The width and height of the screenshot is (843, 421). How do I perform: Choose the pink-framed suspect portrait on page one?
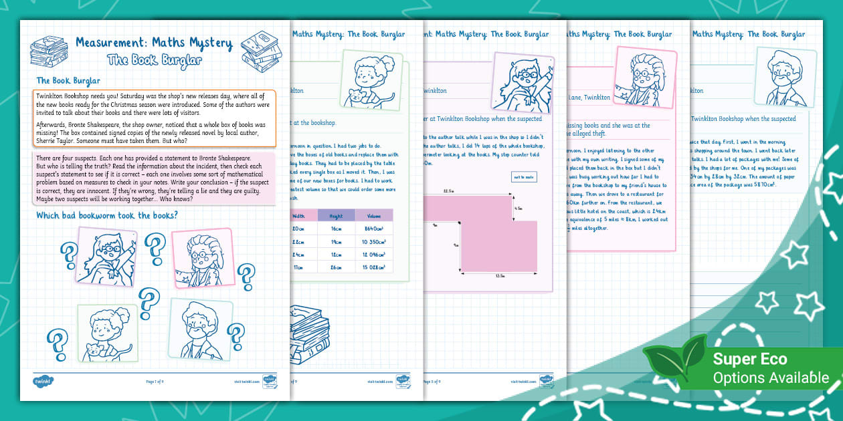[x=201, y=259]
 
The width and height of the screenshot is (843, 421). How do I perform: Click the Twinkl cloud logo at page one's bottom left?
[x=43, y=382]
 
